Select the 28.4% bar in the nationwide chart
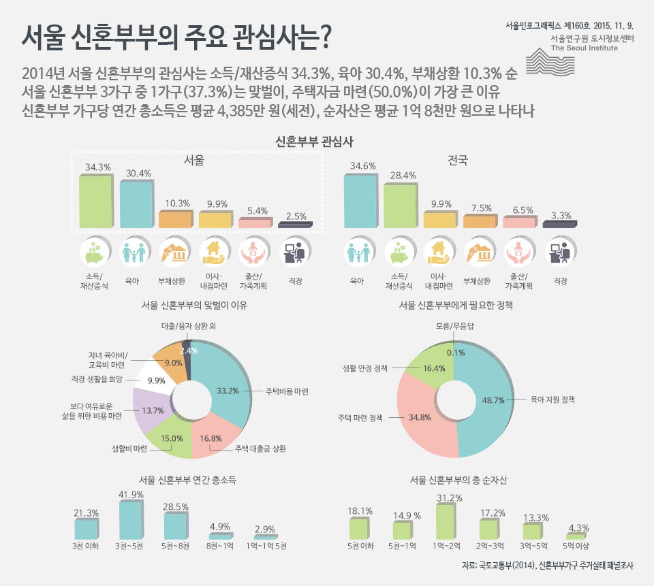(400, 206)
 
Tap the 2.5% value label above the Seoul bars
(296, 216)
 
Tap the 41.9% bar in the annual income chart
(131, 521)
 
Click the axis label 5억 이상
(576, 547)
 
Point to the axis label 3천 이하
(87, 547)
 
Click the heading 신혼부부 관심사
(313, 141)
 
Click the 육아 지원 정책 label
(554, 400)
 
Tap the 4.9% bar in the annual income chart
(220, 537)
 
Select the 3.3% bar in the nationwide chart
(559, 224)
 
